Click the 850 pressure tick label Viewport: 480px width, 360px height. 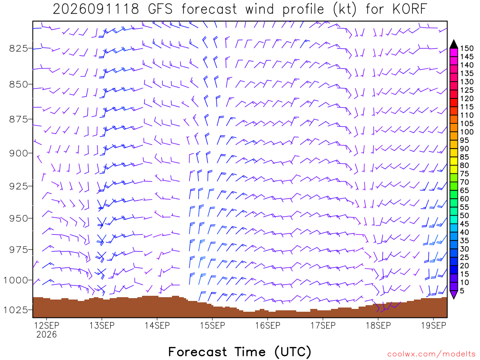pyautogui.click(x=18, y=84)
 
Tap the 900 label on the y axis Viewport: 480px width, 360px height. pyautogui.click(x=18, y=153)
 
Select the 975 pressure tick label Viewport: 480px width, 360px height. pyautogui.click(x=18, y=250)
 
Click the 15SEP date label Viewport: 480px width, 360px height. pyautogui.click(x=212, y=325)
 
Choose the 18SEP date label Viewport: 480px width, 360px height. pyautogui.click(x=378, y=325)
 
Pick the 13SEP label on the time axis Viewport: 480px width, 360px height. pyautogui.click(x=102, y=325)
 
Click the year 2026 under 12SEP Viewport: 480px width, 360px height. pyautogui.click(x=46, y=334)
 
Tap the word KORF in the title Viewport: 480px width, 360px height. pyautogui.click(x=410, y=9)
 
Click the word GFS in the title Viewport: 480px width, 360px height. pyautogui.click(x=160, y=9)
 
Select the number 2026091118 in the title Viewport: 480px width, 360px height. pyautogui.click(x=96, y=9)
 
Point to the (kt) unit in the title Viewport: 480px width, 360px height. pyautogui.click(x=345, y=9)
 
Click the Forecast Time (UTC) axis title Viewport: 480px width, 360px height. pyautogui.click(x=240, y=352)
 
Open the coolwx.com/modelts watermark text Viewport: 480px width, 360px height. pyautogui.click(x=431, y=354)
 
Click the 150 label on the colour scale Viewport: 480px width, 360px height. pyautogui.click(x=467, y=48)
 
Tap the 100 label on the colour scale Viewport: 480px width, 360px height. pyautogui.click(x=467, y=132)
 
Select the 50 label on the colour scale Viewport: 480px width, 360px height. pyautogui.click(x=465, y=216)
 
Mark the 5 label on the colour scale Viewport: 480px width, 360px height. pyautogui.click(x=462, y=291)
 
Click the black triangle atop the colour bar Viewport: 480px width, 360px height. pyautogui.click(x=454, y=44)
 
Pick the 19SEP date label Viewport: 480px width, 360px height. pyautogui.click(x=434, y=325)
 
